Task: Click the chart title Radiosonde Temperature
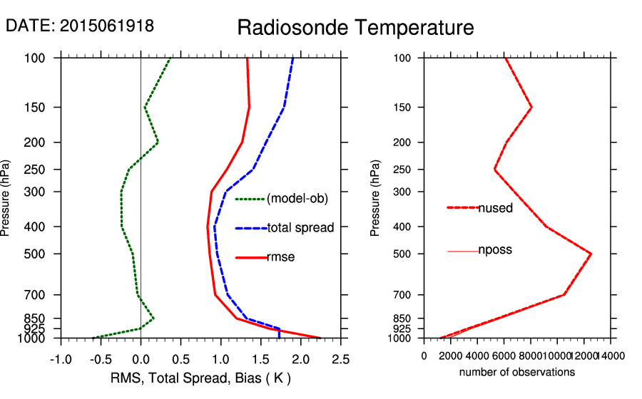(355, 28)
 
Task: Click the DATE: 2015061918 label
(80, 26)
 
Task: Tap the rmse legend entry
(280, 257)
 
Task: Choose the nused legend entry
(495, 208)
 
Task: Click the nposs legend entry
(495, 250)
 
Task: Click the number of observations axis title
(517, 372)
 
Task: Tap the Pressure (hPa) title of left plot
(6, 198)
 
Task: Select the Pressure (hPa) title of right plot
(376, 198)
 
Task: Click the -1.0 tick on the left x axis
(61, 358)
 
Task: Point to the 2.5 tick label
(340, 358)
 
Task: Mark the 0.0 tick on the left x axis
(141, 358)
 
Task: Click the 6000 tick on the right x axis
(504, 355)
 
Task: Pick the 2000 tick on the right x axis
(451, 355)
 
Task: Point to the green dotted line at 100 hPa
(170, 58)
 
